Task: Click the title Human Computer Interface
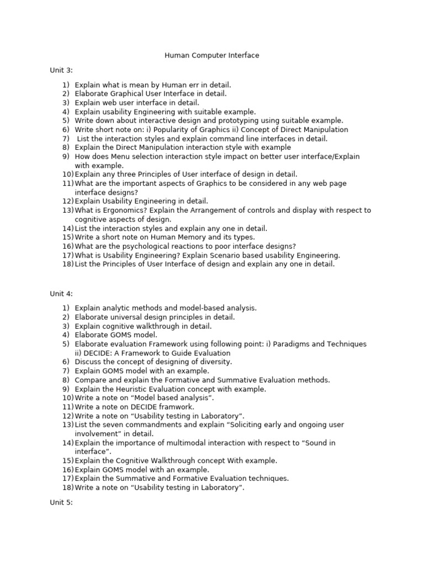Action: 212,55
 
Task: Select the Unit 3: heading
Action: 61,70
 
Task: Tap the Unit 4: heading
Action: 61,294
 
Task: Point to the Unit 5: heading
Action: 61,502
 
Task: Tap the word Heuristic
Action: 135,389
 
